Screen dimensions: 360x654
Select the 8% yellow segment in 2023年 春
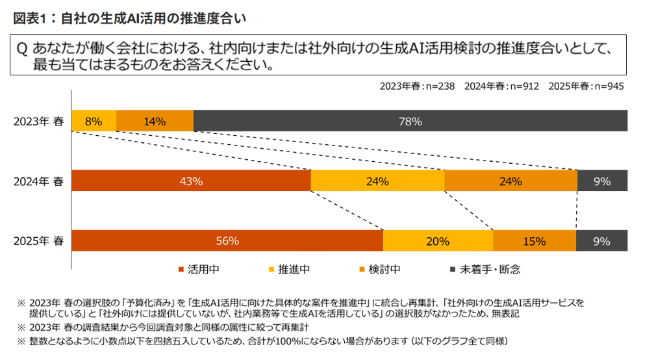coord(94,121)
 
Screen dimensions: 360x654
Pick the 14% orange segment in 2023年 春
coord(155,121)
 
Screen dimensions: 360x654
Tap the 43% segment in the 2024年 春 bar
coord(191,181)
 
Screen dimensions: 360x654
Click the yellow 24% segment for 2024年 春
coord(377,181)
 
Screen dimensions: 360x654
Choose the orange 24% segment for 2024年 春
coord(510,181)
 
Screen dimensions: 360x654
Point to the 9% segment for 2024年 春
coord(602,181)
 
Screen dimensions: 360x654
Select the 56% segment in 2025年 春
coord(227,241)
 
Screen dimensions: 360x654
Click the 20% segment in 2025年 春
coord(438,241)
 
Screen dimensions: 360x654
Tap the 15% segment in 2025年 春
coord(534,241)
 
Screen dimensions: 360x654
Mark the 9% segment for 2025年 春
coord(601,241)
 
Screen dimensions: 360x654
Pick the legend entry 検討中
coord(382,268)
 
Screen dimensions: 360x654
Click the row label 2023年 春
coord(38,121)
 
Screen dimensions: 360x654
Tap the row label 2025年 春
coord(38,241)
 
